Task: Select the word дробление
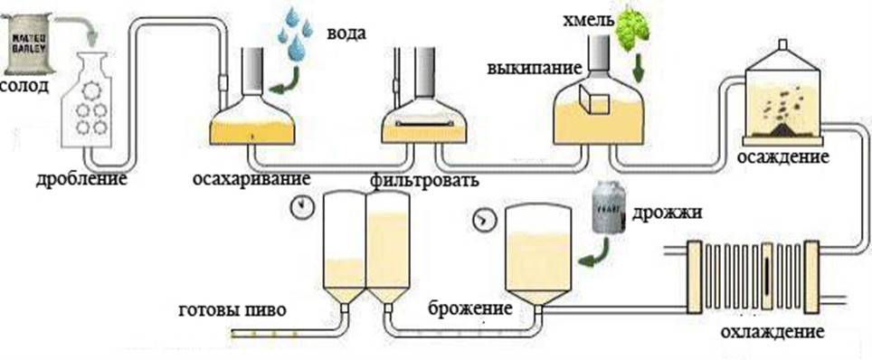81,177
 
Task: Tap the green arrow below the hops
640,69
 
